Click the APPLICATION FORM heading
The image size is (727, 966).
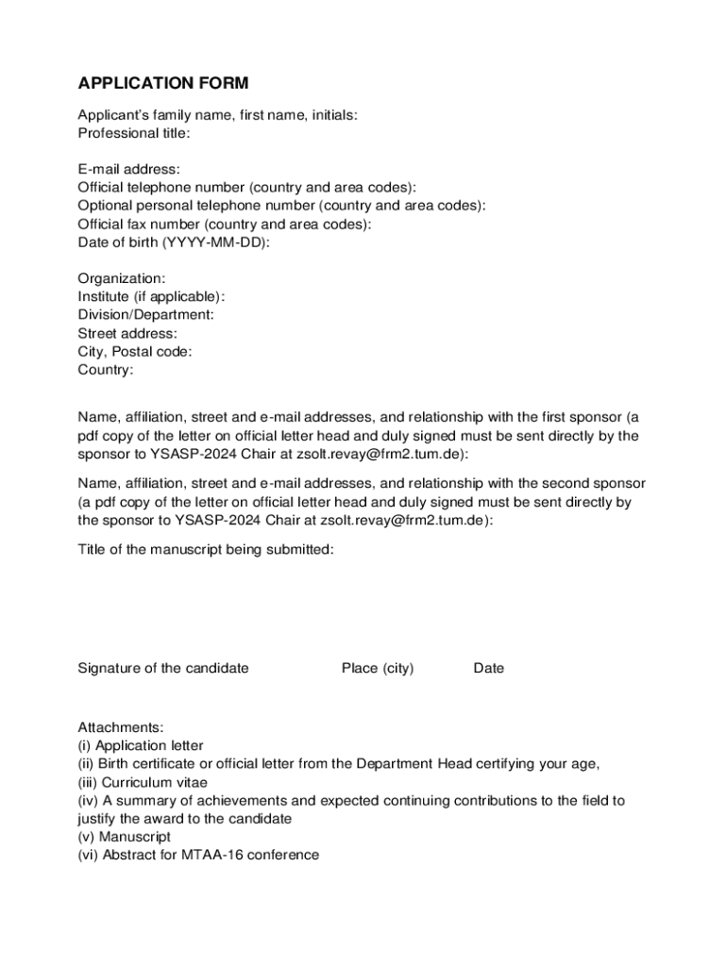click(163, 83)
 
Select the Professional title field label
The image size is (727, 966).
click(134, 133)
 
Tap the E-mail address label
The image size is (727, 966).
click(128, 170)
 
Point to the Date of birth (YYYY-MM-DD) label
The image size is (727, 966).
click(174, 242)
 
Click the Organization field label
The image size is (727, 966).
click(122, 279)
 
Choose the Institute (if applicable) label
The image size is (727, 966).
click(151, 297)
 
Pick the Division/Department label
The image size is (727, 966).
click(145, 315)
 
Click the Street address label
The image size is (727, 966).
click(127, 333)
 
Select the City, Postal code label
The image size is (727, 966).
click(135, 352)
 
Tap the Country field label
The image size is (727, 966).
click(106, 370)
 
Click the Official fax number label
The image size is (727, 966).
click(225, 225)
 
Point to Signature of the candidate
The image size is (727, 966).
click(163, 669)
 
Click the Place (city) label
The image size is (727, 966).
click(378, 669)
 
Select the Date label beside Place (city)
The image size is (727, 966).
click(489, 669)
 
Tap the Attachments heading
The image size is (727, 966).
click(121, 727)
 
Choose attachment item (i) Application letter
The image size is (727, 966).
click(141, 745)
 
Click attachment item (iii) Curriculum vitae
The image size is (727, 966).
click(143, 782)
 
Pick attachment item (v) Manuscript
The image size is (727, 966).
click(125, 837)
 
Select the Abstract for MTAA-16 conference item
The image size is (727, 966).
click(198, 855)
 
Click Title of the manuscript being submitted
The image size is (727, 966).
click(206, 550)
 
